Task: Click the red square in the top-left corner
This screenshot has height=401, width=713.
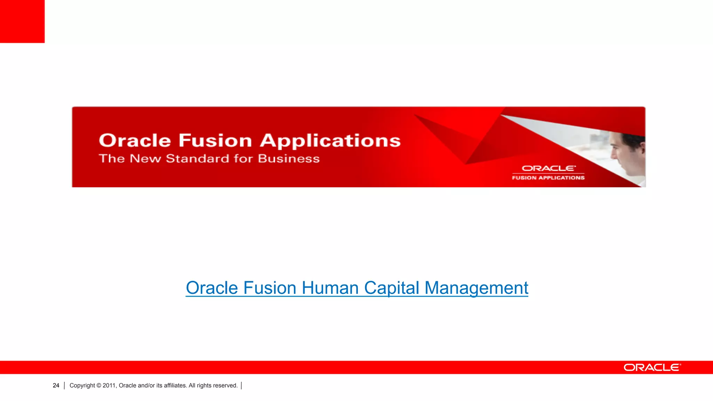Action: click(22, 21)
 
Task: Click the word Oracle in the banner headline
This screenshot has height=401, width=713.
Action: click(135, 141)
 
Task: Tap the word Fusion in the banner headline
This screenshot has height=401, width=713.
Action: click(215, 141)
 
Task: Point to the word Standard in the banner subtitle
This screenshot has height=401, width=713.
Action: click(197, 159)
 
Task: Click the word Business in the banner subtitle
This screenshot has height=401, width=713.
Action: click(289, 159)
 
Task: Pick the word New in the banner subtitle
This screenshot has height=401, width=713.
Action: click(145, 159)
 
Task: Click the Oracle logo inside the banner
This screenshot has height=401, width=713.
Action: click(548, 168)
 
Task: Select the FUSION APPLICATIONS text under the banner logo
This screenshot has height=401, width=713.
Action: click(548, 178)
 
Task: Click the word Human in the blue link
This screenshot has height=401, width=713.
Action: click(330, 288)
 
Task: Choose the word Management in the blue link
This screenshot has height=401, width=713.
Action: click(476, 288)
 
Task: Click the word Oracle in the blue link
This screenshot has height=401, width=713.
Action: click(212, 288)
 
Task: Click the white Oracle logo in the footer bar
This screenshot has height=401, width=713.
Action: click(652, 368)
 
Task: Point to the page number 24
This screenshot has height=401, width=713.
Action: click(56, 385)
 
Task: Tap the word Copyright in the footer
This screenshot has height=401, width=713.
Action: click(82, 385)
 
